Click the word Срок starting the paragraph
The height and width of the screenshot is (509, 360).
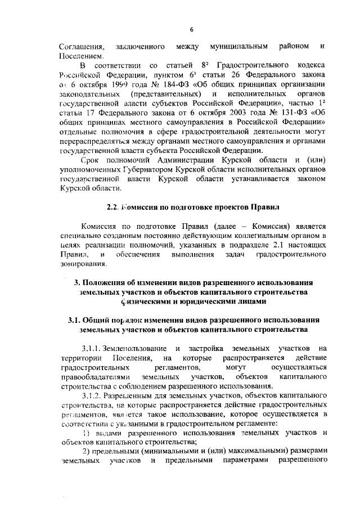(x=92, y=163)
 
